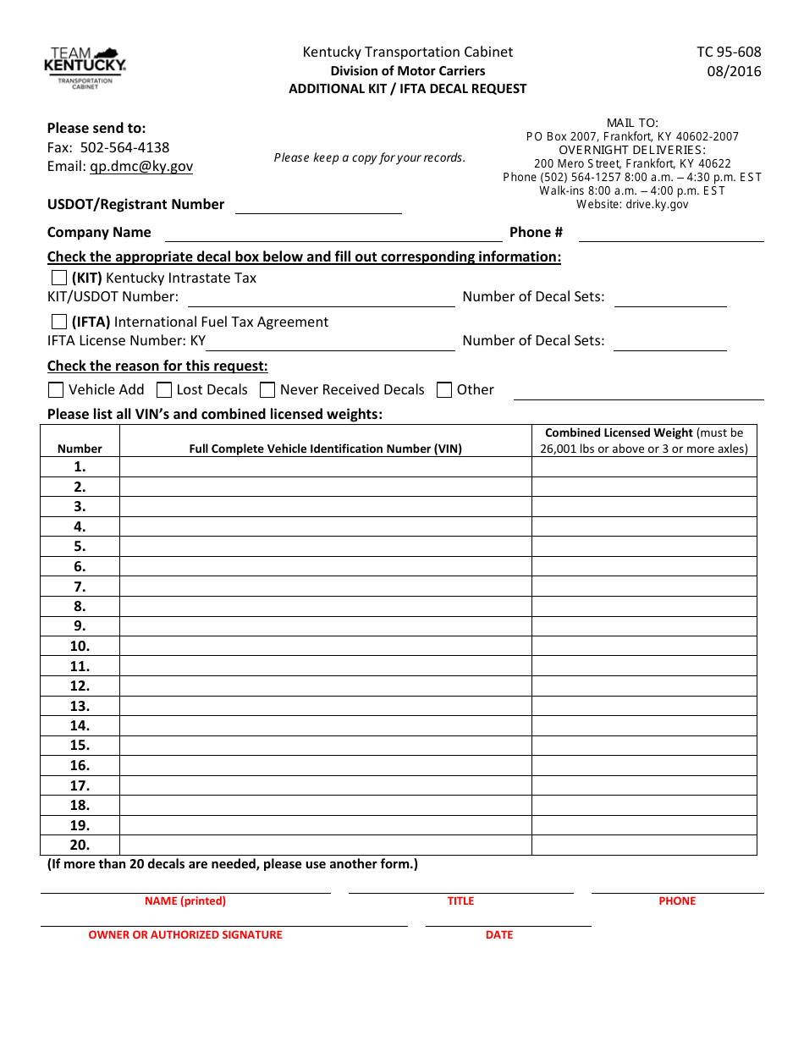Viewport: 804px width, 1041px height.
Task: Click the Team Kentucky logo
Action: [85, 68]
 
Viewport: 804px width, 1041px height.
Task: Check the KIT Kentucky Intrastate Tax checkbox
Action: [59, 278]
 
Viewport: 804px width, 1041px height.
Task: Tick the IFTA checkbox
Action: [59, 322]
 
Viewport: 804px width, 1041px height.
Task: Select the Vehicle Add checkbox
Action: [56, 390]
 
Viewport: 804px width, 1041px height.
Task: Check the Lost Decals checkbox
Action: [164, 390]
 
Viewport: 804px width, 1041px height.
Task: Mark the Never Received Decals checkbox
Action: [267, 390]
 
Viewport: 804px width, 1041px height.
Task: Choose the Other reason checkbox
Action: [444, 390]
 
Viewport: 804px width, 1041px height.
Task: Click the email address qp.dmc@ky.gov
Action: [141, 167]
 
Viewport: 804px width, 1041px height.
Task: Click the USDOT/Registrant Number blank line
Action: [317, 206]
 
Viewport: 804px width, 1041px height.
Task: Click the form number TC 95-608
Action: [729, 52]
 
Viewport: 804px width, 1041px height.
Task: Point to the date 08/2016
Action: [734, 72]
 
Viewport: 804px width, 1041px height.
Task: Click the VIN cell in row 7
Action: [325, 587]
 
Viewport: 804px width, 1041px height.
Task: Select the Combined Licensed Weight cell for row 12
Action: [644, 686]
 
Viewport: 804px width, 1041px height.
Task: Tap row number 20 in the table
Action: [80, 845]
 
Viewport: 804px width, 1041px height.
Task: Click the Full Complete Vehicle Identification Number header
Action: [325, 449]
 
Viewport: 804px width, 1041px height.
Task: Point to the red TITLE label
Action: [460, 901]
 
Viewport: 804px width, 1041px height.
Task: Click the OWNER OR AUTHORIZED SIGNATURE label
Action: [185, 935]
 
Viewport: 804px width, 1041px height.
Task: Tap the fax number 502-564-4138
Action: [124, 147]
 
